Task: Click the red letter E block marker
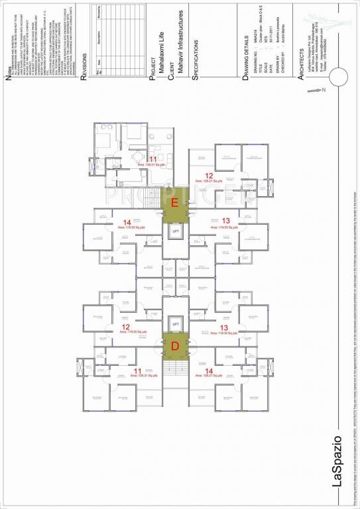(x=175, y=203)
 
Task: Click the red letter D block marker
(x=175, y=345)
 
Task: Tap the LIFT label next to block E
(x=176, y=231)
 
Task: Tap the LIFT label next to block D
(x=176, y=323)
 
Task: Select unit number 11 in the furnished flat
(x=152, y=159)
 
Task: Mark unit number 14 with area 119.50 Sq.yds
(x=125, y=221)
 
